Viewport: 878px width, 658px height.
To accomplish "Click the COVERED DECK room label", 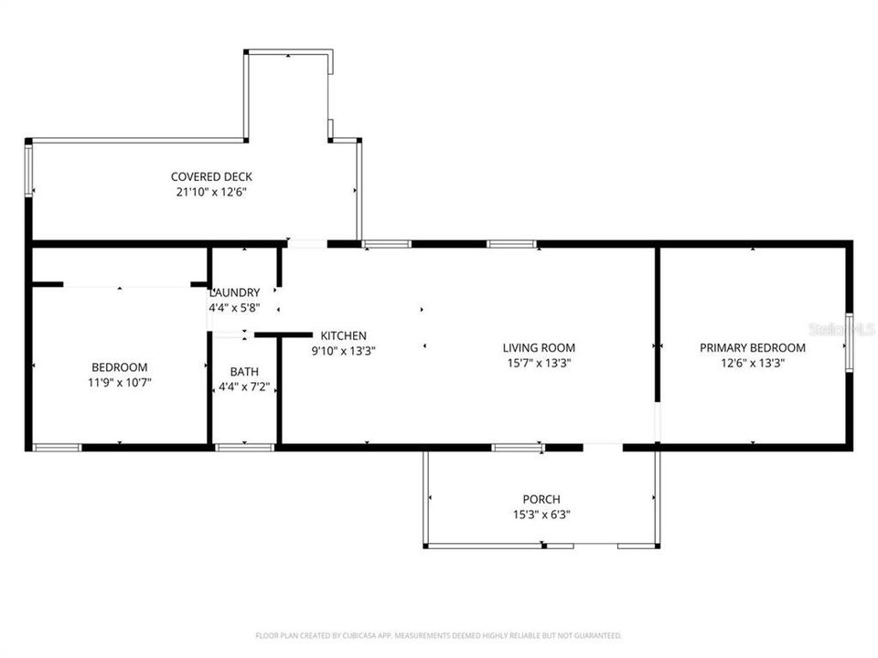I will [211, 176].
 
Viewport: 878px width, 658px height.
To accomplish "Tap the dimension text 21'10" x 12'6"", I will [211, 192].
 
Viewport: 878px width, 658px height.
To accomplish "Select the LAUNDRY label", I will [235, 292].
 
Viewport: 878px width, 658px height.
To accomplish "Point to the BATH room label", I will [244, 371].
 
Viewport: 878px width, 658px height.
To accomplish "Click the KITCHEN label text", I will [343, 335].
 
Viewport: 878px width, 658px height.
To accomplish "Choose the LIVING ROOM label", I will [539, 347].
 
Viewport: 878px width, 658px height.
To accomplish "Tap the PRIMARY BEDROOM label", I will [753, 347].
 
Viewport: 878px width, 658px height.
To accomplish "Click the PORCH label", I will [541, 499].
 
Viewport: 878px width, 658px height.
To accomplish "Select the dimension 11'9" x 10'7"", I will [119, 383].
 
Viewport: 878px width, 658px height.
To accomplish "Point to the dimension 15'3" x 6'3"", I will [541, 514].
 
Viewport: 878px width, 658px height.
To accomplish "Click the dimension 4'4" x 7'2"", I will [244, 387].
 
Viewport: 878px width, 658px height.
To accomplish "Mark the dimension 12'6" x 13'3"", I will [753, 362].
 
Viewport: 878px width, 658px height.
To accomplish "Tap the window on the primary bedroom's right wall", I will [849, 342].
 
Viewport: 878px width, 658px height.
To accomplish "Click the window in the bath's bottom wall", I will [244, 447].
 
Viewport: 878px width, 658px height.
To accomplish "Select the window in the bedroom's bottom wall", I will [57, 447].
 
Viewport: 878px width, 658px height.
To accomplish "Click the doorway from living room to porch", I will [603, 447].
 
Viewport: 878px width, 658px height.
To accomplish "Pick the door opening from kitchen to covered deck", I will [307, 244].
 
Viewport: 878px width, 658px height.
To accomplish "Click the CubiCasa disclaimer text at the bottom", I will [438, 635].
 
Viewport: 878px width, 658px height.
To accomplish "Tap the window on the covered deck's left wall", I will [28, 170].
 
